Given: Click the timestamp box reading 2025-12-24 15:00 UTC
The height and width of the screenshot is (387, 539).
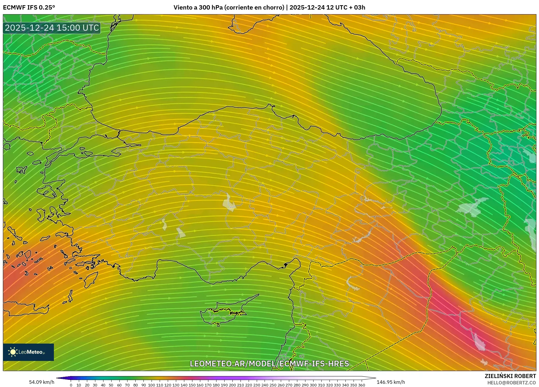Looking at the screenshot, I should pos(52,28).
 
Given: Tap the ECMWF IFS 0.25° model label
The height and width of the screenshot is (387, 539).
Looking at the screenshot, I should pos(29,8).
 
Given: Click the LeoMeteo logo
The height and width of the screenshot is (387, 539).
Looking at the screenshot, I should pos(28,352).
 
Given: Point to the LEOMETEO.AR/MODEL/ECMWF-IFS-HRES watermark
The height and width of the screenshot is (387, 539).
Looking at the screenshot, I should pos(269,364).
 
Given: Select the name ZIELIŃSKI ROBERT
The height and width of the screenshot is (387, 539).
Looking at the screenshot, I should pos(510,376).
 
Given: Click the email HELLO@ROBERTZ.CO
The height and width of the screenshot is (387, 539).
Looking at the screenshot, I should pos(511,383).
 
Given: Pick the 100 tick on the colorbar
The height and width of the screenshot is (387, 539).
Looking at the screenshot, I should pos(152,385).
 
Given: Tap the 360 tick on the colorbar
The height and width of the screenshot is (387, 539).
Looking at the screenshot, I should pos(361,385).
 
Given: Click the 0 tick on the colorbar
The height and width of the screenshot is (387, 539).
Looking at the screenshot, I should pos(71,385).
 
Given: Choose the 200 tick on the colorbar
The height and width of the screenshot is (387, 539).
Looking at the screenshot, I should pos(232,385).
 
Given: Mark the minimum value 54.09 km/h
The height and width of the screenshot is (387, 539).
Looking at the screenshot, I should pos(41,382).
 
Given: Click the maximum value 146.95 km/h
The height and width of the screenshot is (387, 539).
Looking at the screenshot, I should pos(391,382).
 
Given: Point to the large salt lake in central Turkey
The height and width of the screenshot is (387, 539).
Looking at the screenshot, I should pos(229,203).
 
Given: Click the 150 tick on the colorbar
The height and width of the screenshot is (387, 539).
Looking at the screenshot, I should pos(192,385).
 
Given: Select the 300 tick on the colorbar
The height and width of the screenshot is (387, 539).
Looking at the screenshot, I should pos(313,385).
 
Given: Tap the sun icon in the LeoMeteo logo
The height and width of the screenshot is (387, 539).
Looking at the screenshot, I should pos(13,352).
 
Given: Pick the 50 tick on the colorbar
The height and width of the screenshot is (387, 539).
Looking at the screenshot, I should pos(111,385).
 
